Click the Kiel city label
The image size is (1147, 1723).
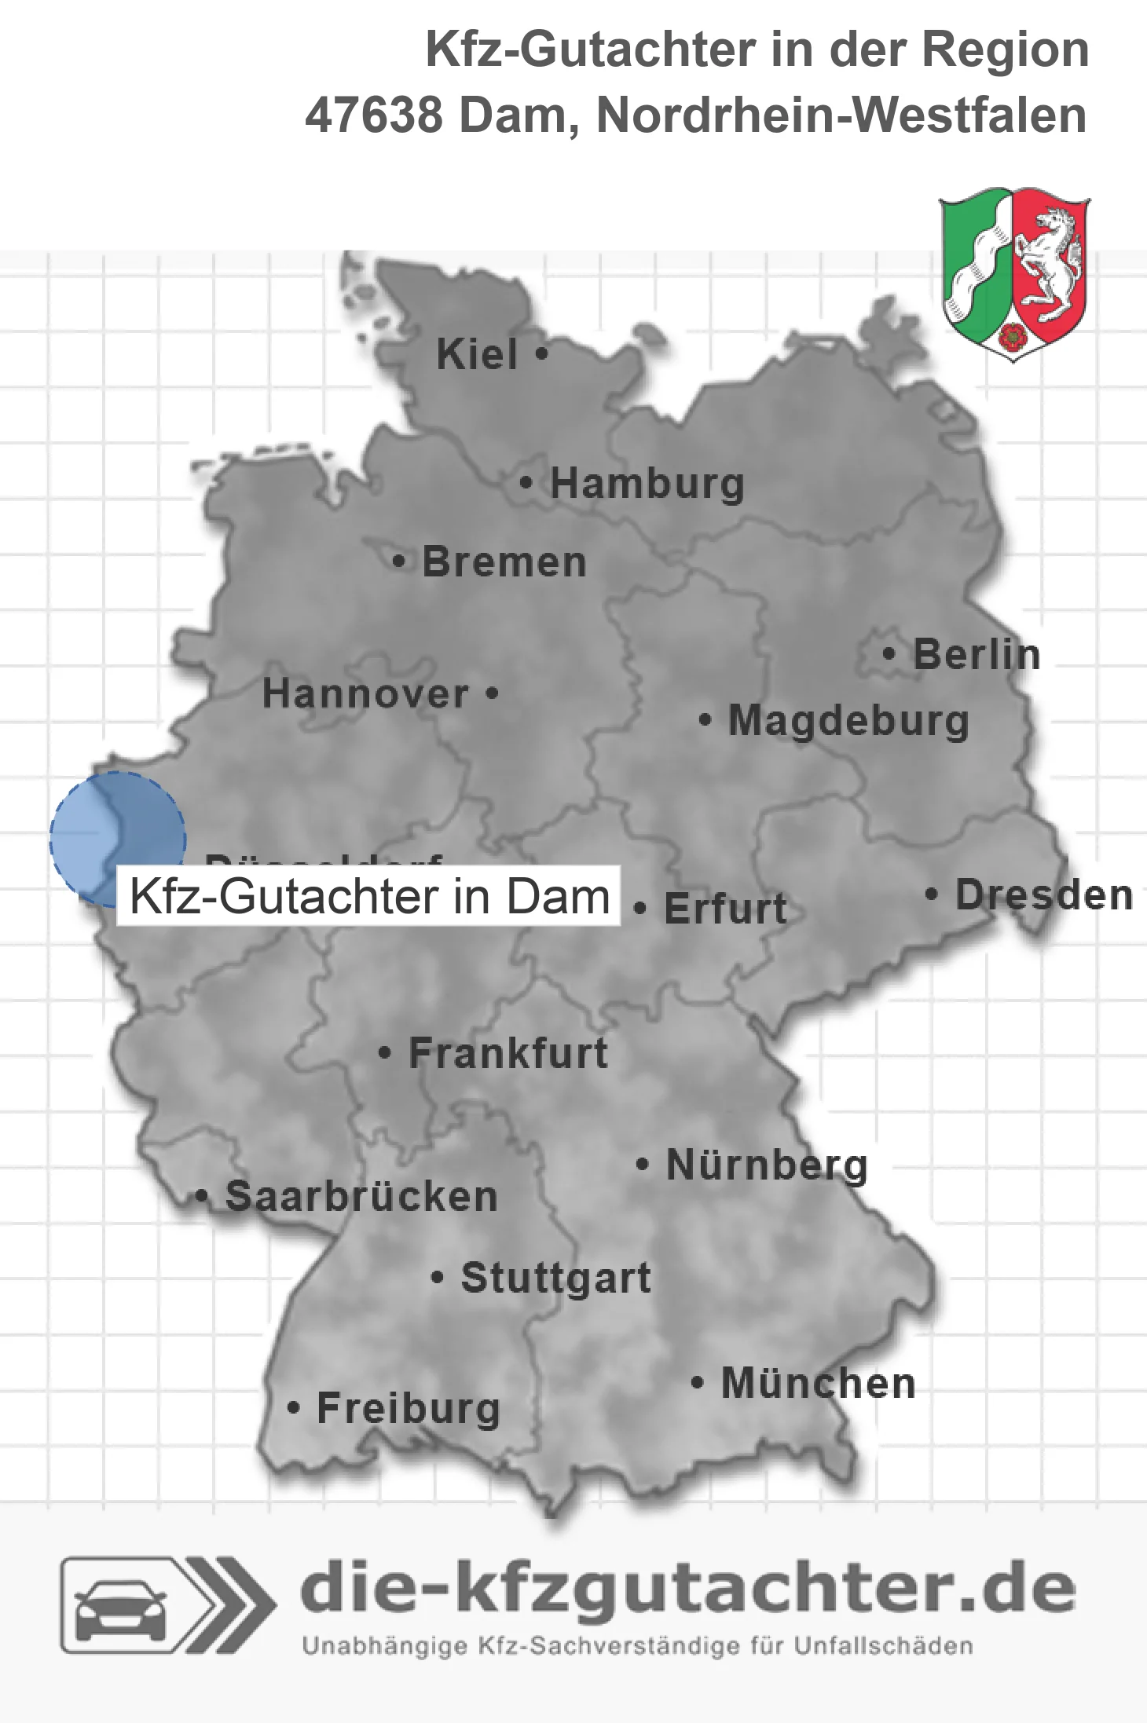[x=477, y=354]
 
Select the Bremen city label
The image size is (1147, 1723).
[x=504, y=562]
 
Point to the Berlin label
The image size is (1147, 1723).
[x=977, y=654]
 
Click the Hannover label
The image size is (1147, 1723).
[x=365, y=693]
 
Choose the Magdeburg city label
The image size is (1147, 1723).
[x=848, y=721]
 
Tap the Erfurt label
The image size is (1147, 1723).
[x=725, y=909]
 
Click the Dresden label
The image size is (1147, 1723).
[x=1044, y=894]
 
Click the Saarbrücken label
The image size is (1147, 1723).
[x=361, y=1197]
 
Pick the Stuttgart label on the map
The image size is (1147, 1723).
[x=555, y=1278]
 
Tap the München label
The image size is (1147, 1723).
[x=818, y=1383]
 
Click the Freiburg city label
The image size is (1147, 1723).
[x=409, y=1408]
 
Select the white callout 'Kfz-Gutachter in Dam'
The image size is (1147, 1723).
[x=368, y=896]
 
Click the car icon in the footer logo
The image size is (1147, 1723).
[x=121, y=1605]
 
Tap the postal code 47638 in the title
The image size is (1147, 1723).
[x=374, y=115]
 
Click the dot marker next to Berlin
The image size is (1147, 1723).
[x=889, y=653]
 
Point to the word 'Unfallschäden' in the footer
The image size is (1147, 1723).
[x=883, y=1646]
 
